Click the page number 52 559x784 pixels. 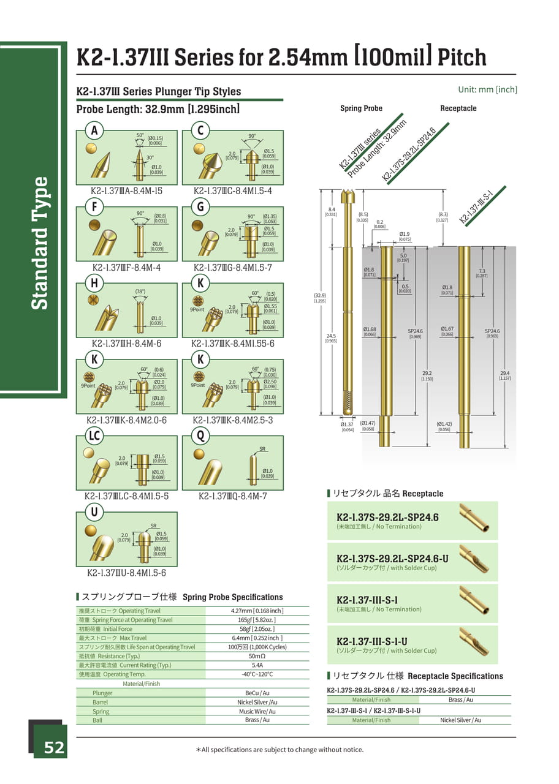point(53,748)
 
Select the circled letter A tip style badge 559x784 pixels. point(94,130)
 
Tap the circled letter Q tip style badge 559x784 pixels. point(200,436)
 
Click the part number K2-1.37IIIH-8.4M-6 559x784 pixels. point(126,344)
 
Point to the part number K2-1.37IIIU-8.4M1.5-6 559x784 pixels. point(126,573)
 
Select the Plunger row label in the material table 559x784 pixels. point(102,693)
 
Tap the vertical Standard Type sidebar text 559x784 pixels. point(40,243)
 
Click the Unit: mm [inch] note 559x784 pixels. point(487,89)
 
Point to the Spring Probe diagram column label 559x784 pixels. point(361,108)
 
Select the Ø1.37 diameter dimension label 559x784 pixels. point(347,424)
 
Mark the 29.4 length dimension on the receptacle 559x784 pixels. point(504,374)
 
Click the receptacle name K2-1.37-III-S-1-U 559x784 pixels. point(372,641)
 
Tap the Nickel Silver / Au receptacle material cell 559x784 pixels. point(460,720)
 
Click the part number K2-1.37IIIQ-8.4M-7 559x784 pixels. point(233,496)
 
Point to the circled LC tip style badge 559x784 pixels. point(94,436)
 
